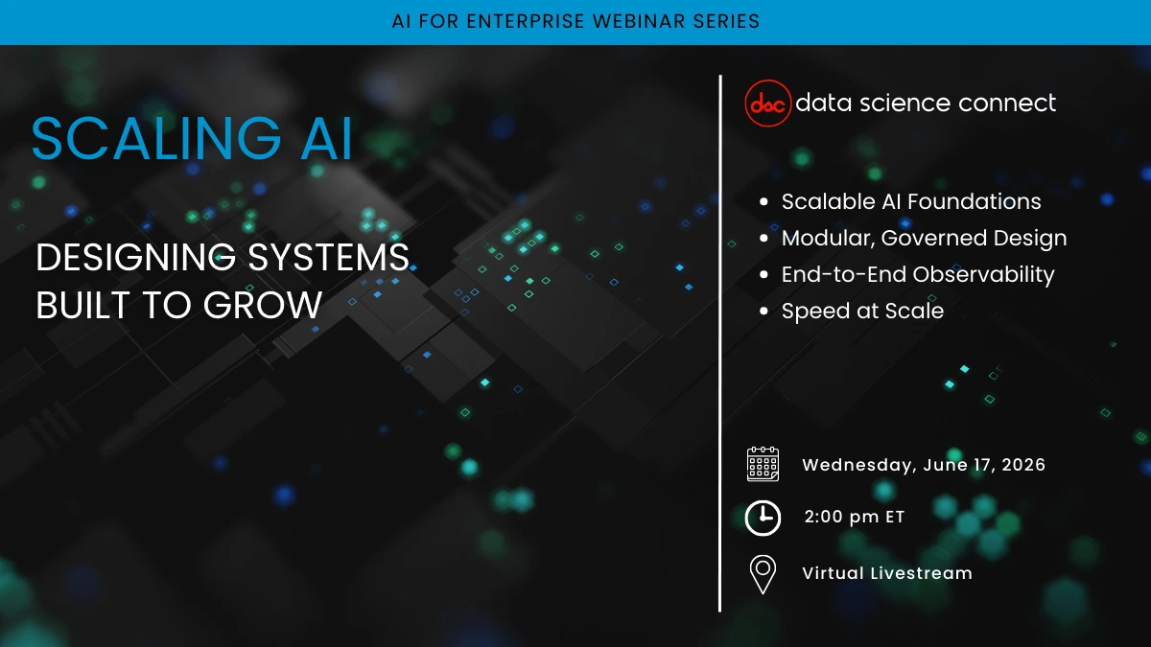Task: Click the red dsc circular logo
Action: point(768,104)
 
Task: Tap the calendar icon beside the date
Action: point(763,465)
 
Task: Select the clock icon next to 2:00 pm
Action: point(763,518)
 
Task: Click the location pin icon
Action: point(763,574)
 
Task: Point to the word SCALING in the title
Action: point(139,139)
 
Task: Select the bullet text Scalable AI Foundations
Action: point(910,202)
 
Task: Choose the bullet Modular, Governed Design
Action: point(924,239)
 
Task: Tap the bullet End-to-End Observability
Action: point(917,275)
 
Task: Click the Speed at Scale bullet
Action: point(862,312)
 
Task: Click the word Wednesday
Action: point(858,465)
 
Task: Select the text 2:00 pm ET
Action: point(854,518)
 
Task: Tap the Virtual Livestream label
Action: point(886,574)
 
